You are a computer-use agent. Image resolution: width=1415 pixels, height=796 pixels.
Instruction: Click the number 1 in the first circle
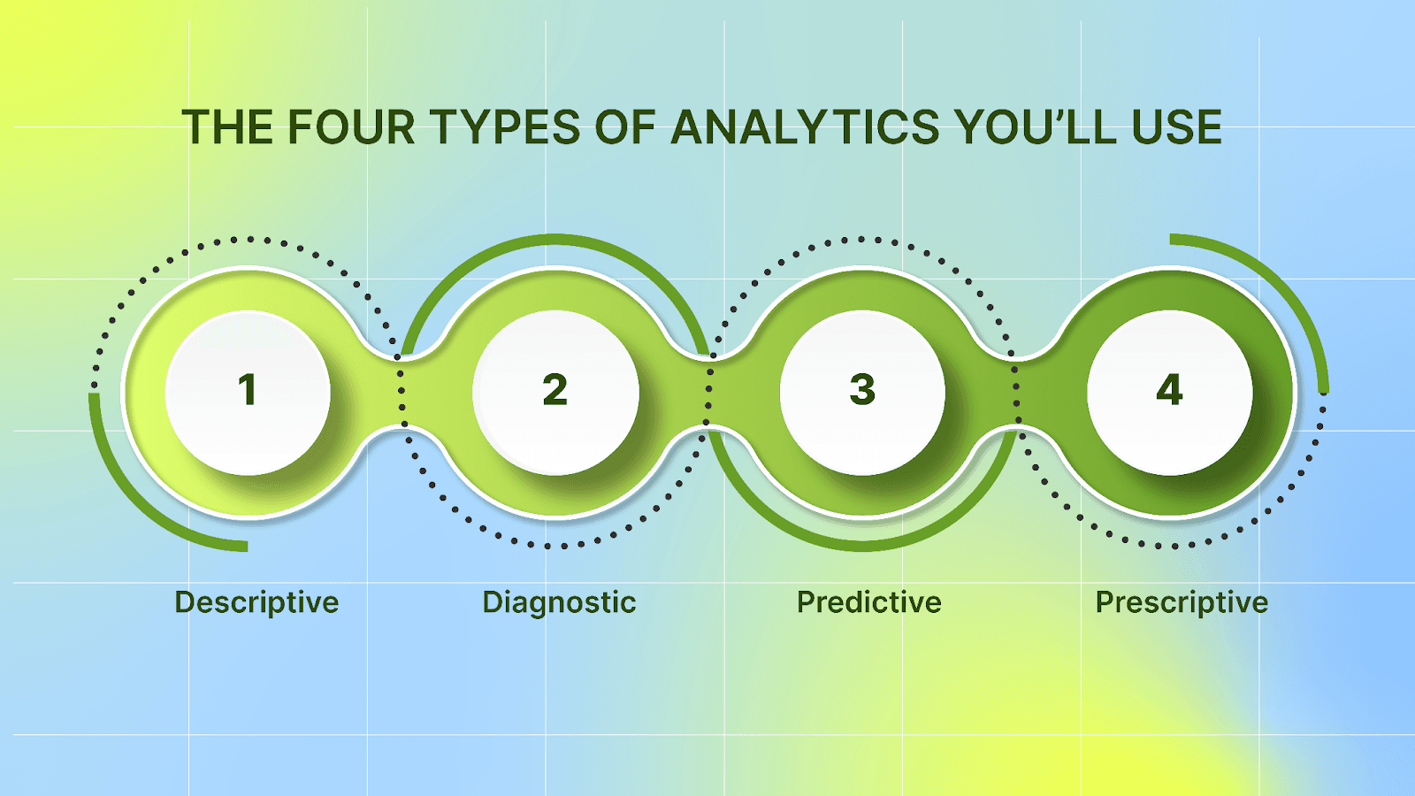pos(248,390)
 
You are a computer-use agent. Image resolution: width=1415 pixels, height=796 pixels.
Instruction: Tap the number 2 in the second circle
pos(555,390)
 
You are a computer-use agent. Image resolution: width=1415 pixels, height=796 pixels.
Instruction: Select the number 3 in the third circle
pos(862,390)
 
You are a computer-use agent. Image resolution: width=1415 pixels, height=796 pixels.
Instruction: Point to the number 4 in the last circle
pos(1169,390)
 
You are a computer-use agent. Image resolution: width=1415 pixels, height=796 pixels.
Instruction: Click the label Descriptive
pos(256,602)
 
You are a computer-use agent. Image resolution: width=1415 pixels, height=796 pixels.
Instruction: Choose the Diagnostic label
pos(559,602)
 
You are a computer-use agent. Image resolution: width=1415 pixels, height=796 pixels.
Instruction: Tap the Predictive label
pos(868,602)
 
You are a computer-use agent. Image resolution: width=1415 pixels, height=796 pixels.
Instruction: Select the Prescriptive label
pos(1182,602)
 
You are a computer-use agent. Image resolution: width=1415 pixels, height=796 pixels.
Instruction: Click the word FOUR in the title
pos(351,128)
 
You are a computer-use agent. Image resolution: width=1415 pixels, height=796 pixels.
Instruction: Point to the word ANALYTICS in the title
pos(805,128)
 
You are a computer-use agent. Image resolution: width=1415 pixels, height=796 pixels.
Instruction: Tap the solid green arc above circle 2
pos(555,239)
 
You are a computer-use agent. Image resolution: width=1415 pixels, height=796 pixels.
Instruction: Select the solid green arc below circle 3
pos(862,546)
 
